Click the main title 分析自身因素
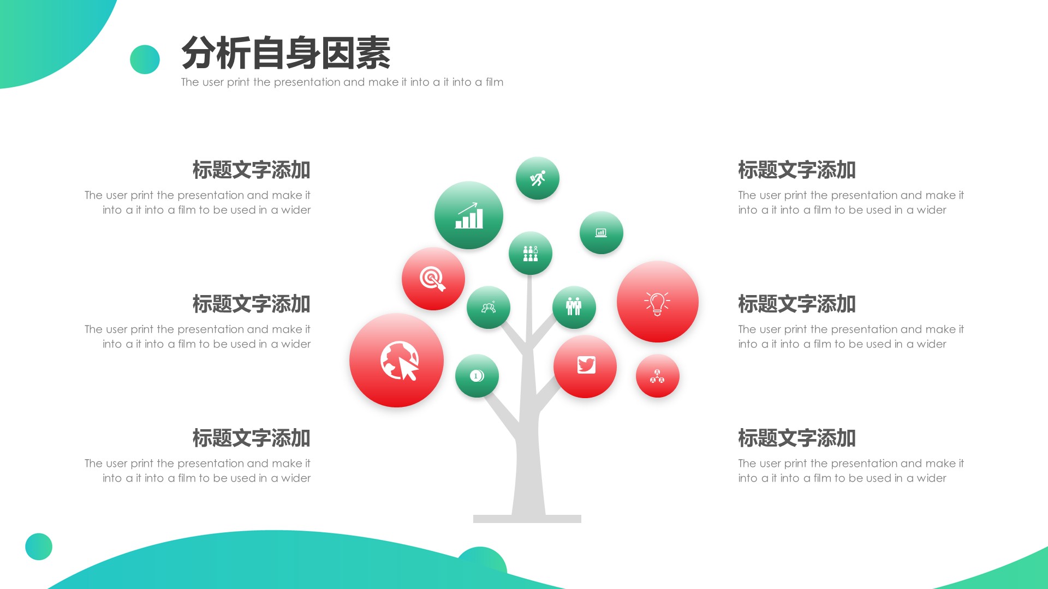pyautogui.click(x=285, y=53)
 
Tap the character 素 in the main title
pyautogui.click(x=373, y=53)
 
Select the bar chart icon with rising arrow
pyautogui.click(x=469, y=215)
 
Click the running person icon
pyautogui.click(x=538, y=178)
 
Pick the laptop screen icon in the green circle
pyautogui.click(x=601, y=233)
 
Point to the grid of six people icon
pyautogui.click(x=531, y=253)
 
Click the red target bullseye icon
pyautogui.click(x=433, y=279)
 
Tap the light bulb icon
pyautogui.click(x=657, y=303)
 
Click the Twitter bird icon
pyautogui.click(x=586, y=365)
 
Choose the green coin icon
pyautogui.click(x=477, y=376)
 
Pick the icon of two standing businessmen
pyautogui.click(x=574, y=307)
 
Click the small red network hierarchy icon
pyautogui.click(x=657, y=376)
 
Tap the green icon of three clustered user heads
pyautogui.click(x=489, y=308)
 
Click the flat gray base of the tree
pyautogui.click(x=527, y=519)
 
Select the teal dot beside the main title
pyautogui.click(x=145, y=59)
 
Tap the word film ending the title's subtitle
pyautogui.click(x=495, y=82)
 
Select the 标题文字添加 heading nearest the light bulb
pyautogui.click(x=796, y=304)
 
